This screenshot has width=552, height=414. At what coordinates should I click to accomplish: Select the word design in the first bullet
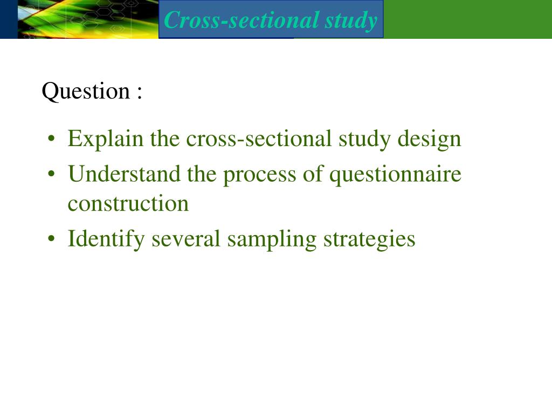430,140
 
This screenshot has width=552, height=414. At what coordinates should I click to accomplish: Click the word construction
128,204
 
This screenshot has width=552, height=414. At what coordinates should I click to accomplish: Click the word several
187,239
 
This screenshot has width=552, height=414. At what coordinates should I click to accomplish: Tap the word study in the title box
351,20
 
